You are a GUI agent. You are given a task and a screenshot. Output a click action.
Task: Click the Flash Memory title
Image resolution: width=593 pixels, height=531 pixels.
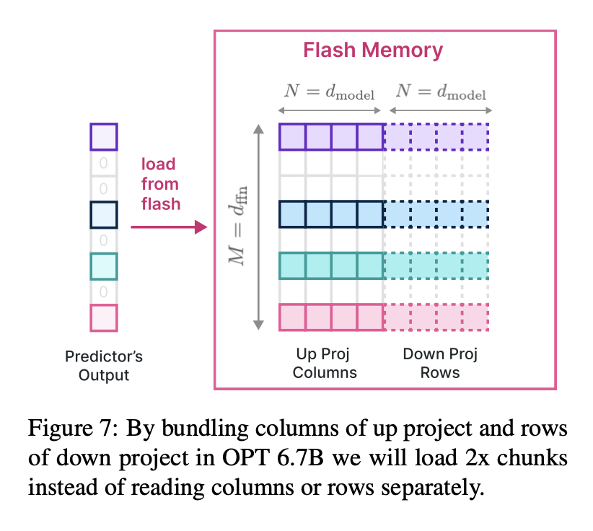point(372,51)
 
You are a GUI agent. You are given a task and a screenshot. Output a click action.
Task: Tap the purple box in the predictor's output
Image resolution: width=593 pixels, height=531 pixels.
point(103,136)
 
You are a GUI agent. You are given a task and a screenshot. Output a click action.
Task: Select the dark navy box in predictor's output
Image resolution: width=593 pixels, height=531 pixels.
point(103,214)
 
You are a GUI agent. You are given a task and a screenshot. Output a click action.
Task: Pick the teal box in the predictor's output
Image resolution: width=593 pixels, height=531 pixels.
point(103,266)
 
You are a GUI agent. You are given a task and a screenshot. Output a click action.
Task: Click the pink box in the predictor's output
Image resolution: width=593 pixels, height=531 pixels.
point(103,318)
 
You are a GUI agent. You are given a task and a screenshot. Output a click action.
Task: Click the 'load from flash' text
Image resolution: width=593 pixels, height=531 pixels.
point(160,184)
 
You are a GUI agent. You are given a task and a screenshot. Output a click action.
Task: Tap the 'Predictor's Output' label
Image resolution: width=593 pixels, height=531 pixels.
point(104,365)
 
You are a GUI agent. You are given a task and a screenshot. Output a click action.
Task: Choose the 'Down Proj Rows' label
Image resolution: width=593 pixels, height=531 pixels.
point(440,363)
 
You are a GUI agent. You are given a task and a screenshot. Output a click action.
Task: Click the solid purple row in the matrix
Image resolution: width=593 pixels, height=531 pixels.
point(330,136)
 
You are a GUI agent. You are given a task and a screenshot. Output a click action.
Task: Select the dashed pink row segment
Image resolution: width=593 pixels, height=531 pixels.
point(436,317)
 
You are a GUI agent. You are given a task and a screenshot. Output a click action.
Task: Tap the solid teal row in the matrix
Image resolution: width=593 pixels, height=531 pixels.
point(330,265)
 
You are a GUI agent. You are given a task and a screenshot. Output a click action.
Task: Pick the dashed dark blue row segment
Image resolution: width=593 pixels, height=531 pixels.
point(436,214)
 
